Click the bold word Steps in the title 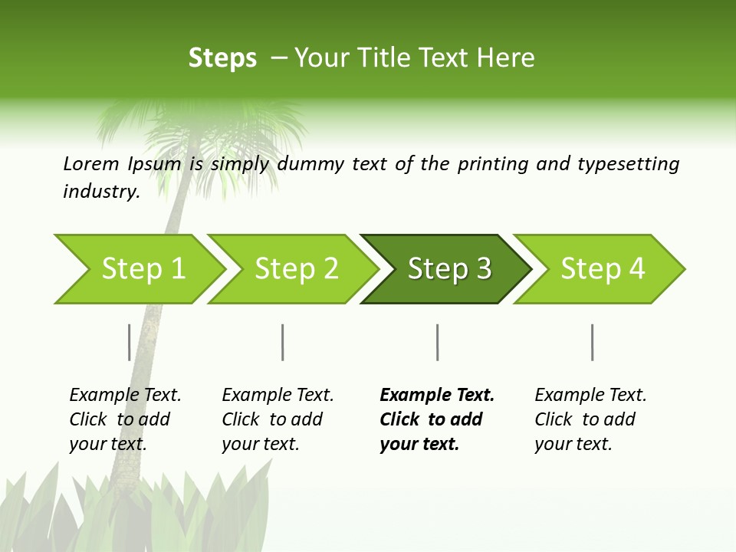click(222, 58)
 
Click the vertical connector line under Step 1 click(129, 342)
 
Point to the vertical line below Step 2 click(283, 342)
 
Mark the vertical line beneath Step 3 click(437, 342)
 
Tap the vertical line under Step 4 click(592, 342)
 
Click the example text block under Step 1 click(125, 419)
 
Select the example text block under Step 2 click(278, 419)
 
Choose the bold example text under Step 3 click(437, 419)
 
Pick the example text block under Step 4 click(590, 419)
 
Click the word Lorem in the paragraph click(90, 164)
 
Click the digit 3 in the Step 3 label click(483, 269)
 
